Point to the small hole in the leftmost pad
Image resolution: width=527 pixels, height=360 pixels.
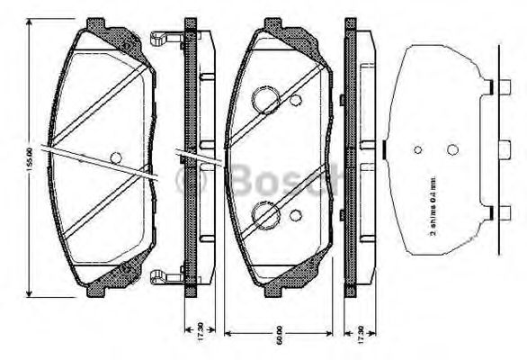click(115, 157)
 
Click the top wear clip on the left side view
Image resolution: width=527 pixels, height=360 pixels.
click(164, 39)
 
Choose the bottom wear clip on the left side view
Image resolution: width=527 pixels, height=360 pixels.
click(164, 275)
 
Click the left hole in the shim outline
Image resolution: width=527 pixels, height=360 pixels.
click(417, 150)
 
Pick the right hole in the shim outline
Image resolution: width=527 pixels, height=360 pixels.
click(452, 149)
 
